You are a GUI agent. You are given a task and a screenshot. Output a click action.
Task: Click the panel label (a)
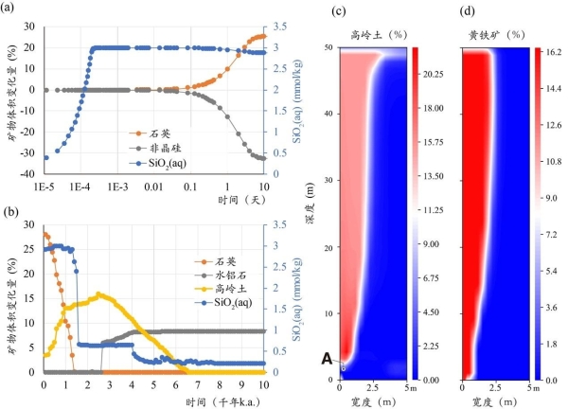12,11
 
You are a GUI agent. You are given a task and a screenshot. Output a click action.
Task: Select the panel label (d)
467,11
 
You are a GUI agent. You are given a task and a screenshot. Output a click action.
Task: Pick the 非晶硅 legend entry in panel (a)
148,148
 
